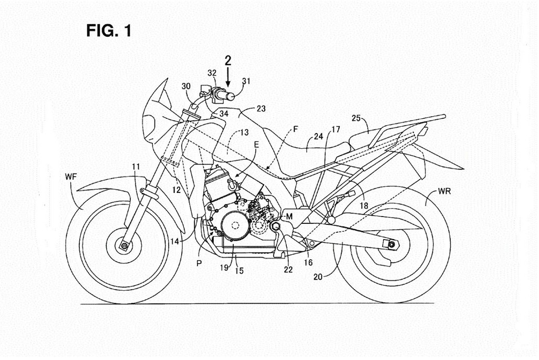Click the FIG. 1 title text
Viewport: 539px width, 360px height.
tap(109, 31)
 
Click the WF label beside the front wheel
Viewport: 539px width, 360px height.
tap(71, 178)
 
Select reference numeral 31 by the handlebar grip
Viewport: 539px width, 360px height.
tap(246, 81)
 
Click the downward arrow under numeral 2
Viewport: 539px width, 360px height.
tap(228, 79)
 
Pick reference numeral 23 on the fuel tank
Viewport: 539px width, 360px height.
tap(261, 109)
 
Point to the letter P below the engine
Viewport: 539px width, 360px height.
tap(199, 264)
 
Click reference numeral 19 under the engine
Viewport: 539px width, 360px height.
tap(224, 268)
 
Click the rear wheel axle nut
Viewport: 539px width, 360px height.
tap(389, 244)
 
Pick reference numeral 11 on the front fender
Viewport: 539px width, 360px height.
tap(136, 167)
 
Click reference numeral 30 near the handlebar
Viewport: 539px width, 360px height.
tap(186, 86)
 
